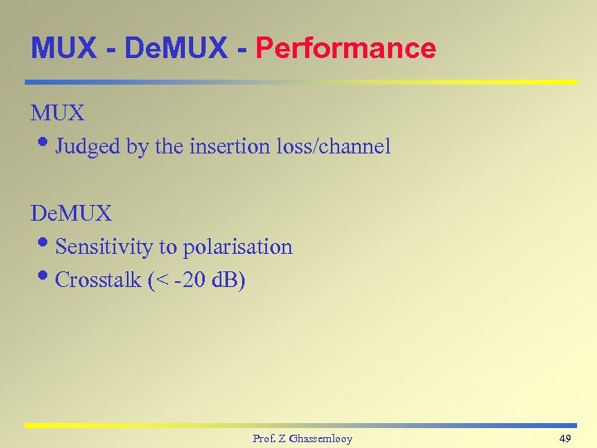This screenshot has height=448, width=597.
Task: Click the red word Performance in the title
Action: (346, 48)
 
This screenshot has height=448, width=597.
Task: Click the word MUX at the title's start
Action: (66, 48)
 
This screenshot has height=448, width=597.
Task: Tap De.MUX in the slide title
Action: (175, 48)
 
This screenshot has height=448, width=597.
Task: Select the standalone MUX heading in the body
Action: (58, 113)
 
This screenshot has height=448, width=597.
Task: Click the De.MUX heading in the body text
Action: (70, 213)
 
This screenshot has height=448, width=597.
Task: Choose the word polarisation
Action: (237, 247)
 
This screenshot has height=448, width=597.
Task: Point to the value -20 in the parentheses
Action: (188, 280)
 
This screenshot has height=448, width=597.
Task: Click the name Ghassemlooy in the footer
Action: (319, 438)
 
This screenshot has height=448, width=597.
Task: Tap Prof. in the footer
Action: (265, 438)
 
